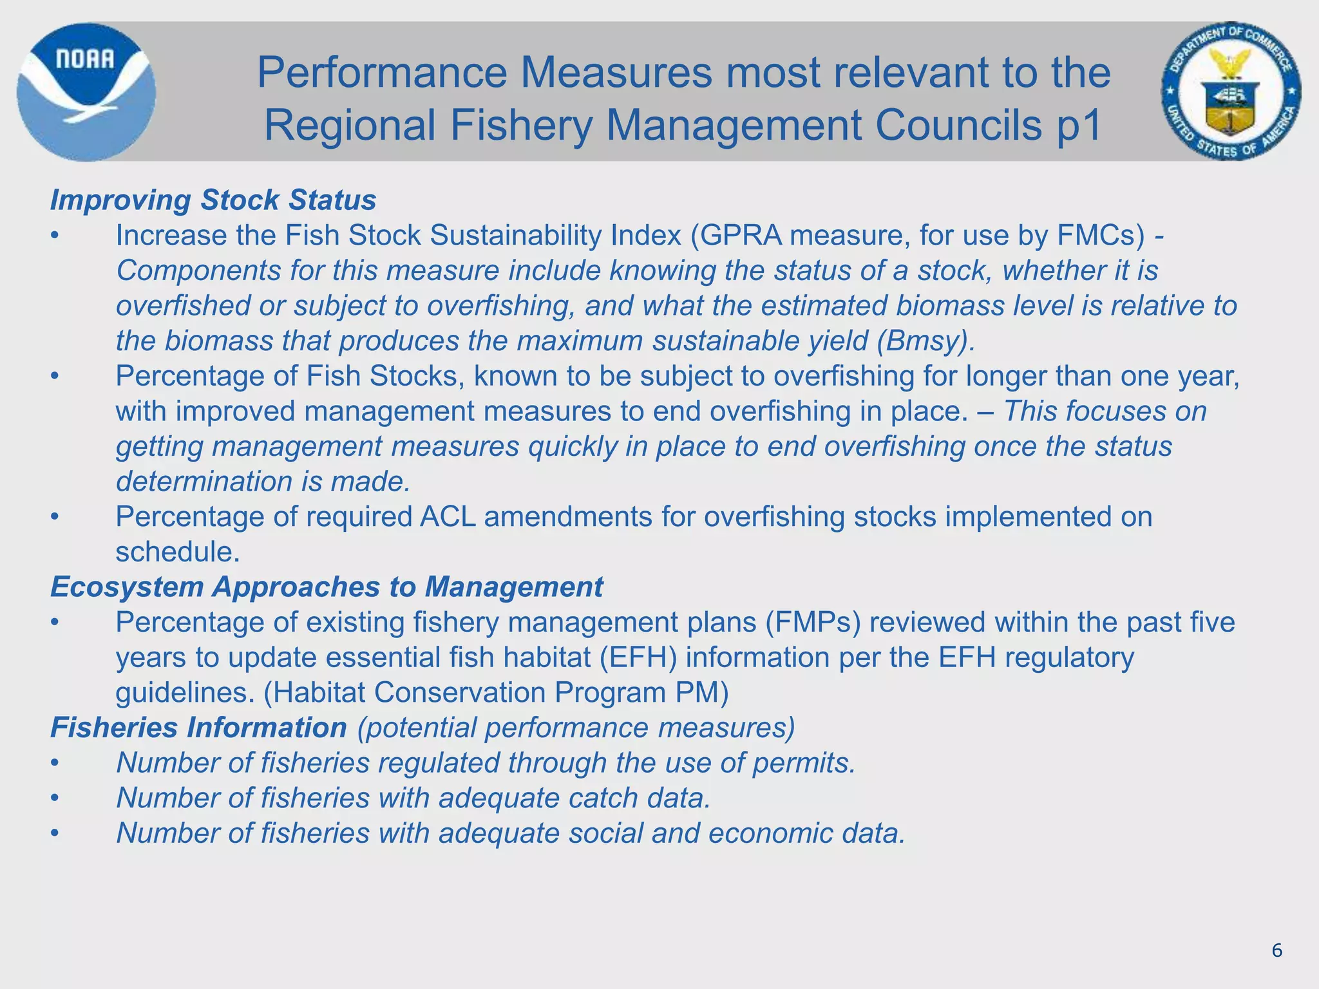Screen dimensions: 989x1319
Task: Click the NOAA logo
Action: coord(86,91)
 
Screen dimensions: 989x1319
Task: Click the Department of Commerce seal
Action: coord(1231,91)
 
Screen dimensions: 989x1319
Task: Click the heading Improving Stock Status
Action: coord(213,200)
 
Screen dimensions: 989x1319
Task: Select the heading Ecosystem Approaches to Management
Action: coord(327,587)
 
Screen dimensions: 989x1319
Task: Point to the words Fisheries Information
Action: coord(198,728)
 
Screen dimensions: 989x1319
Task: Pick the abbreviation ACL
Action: coord(448,517)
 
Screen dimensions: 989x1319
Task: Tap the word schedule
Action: coord(177,552)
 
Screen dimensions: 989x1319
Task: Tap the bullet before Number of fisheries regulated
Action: coord(55,764)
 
